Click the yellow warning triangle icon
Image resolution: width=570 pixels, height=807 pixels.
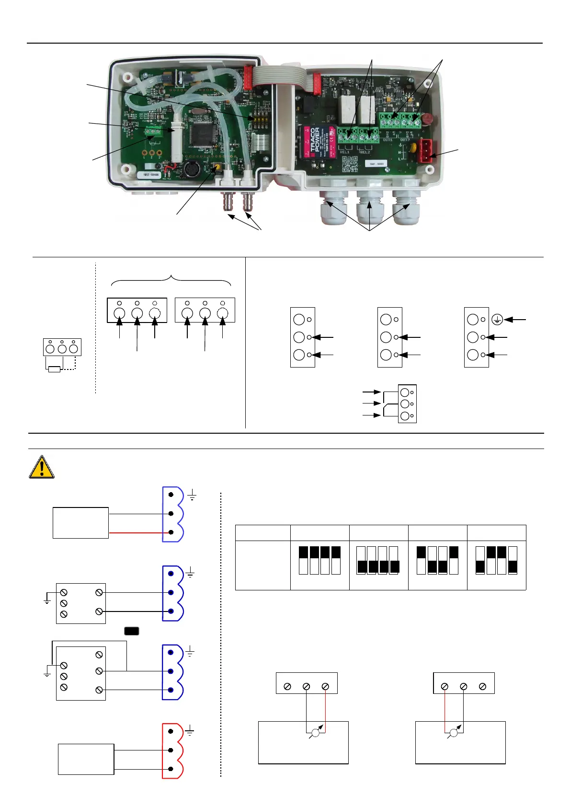(x=42, y=467)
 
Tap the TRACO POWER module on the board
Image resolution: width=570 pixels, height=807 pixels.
(x=318, y=142)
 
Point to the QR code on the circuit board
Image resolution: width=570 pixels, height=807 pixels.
(x=350, y=164)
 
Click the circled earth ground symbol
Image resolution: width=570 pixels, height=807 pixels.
(x=497, y=320)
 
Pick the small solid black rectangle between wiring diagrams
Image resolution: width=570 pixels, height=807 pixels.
(x=132, y=631)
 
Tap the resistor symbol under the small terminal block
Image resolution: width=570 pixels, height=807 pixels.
(x=55, y=369)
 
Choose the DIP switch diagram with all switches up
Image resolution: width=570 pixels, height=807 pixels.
(x=319, y=560)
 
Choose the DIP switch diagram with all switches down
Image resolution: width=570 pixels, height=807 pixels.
(x=378, y=560)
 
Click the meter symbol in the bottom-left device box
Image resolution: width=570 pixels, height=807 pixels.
(x=316, y=733)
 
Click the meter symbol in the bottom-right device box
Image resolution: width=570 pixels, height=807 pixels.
(x=454, y=733)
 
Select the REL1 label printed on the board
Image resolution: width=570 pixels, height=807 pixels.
(x=344, y=152)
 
